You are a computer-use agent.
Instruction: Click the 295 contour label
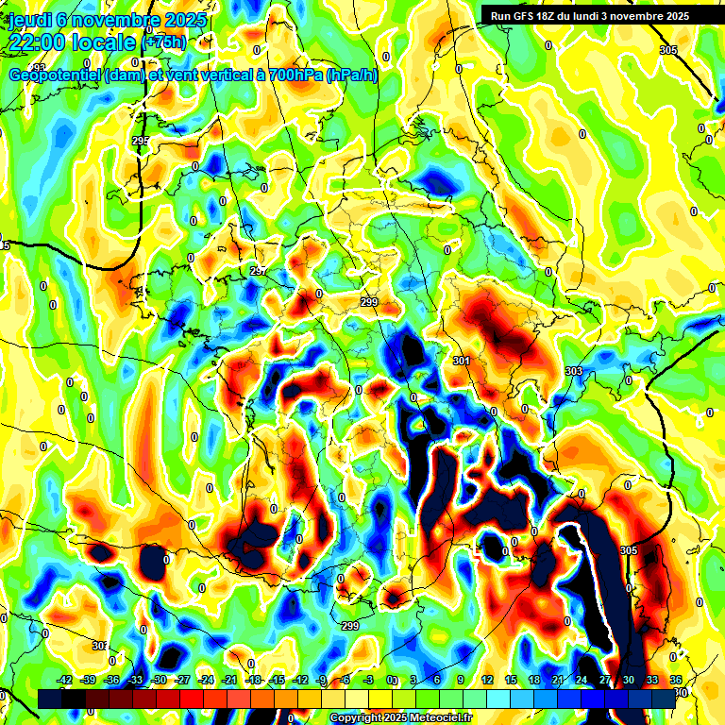pos(141,141)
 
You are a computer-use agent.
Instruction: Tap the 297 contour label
pos(258,271)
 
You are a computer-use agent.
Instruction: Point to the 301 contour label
pos(462,362)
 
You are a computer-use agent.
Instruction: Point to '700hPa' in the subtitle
pos(295,76)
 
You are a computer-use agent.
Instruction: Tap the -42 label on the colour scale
pos(64,680)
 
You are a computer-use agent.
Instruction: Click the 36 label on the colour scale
pos(676,680)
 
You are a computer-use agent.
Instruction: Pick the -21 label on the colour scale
pos(229,680)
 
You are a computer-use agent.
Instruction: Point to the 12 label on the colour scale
pos(487,680)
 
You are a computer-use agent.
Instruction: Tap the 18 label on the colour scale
pos(534,680)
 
